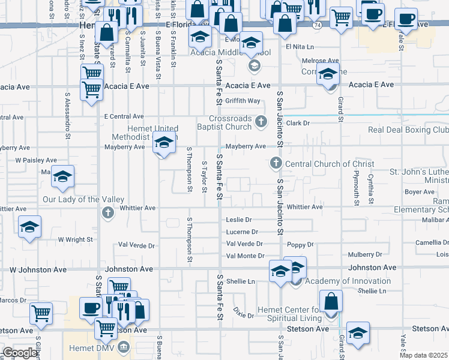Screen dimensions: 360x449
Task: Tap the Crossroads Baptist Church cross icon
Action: click(x=261, y=122)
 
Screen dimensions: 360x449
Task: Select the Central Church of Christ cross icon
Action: click(x=276, y=163)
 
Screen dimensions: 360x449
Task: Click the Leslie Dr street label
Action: click(x=238, y=220)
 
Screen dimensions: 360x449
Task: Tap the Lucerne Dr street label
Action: click(x=242, y=232)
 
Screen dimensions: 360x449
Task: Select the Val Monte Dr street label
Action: click(x=244, y=256)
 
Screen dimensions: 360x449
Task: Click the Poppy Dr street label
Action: click(x=300, y=245)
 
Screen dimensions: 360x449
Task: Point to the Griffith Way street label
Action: click(x=243, y=101)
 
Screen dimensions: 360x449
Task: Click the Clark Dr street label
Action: click(x=297, y=123)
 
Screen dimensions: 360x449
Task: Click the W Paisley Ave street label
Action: click(x=36, y=160)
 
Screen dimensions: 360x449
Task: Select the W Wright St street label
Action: click(x=75, y=239)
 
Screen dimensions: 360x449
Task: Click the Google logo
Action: click(x=20, y=352)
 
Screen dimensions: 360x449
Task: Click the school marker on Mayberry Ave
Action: click(x=163, y=143)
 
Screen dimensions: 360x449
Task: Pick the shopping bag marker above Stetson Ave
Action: click(x=331, y=302)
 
